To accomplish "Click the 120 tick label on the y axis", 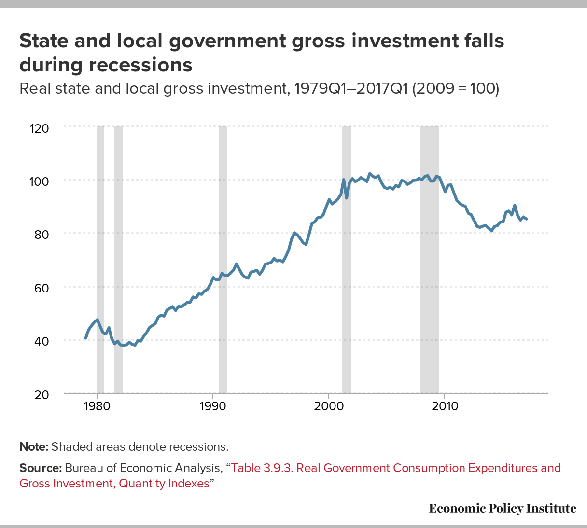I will pyautogui.click(x=40, y=128).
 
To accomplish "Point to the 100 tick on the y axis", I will pyautogui.click(x=40, y=181).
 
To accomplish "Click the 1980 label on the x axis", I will pyautogui.click(x=97, y=406).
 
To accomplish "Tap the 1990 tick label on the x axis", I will pyautogui.click(x=213, y=406).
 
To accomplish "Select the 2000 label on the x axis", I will pyautogui.click(x=328, y=406).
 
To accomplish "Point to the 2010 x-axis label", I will pyautogui.click(x=444, y=406).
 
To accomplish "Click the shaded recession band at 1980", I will pyautogui.click(x=100, y=261).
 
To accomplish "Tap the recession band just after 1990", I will pyautogui.click(x=223, y=261).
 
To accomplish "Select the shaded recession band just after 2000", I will pyautogui.click(x=347, y=261).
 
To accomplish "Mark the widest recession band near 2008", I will pyautogui.click(x=430, y=261).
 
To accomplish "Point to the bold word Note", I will pyautogui.click(x=33, y=446).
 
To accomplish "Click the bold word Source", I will pyautogui.click(x=41, y=468).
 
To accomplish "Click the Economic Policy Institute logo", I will pyautogui.click(x=502, y=508).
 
